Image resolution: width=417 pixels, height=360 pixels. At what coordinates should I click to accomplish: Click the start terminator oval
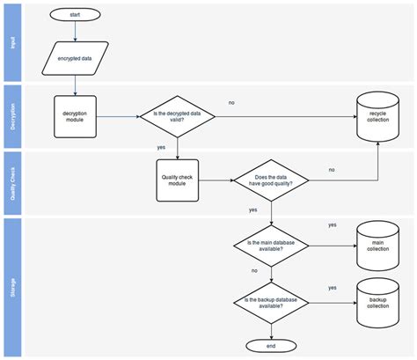[x=75, y=14]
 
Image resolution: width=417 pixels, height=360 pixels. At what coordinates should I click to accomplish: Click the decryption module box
[x=75, y=116]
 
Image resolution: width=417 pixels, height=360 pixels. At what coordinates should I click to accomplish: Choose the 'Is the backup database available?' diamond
[x=272, y=302]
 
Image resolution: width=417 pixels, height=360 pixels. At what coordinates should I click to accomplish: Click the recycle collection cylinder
[x=377, y=116]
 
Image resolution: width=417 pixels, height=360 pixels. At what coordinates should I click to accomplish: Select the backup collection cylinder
[x=377, y=302]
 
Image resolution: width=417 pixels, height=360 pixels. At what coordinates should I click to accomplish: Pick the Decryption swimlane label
[x=13, y=116]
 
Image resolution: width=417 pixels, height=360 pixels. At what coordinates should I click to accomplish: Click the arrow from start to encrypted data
[x=75, y=32]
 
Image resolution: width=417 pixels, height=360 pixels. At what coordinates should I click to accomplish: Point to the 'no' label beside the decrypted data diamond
[x=231, y=103]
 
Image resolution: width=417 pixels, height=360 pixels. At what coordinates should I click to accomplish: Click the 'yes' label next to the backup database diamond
[x=332, y=288]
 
